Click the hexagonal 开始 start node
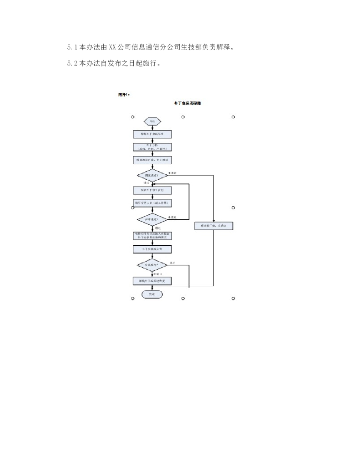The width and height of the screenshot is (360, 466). click(x=152, y=121)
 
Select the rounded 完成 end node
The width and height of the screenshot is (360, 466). click(x=152, y=294)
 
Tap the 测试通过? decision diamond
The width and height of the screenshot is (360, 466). click(x=152, y=175)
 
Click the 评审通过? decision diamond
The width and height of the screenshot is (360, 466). click(x=152, y=219)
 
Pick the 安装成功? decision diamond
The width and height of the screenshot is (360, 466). click(x=152, y=264)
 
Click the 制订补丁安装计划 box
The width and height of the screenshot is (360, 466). click(x=152, y=189)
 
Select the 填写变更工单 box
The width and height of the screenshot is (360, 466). click(x=152, y=203)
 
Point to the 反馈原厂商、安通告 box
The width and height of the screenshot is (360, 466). click(x=214, y=225)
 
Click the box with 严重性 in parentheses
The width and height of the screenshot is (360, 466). click(x=152, y=147)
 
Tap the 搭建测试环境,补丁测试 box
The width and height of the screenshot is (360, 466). click(x=152, y=160)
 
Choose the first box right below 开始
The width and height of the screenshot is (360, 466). click(x=152, y=134)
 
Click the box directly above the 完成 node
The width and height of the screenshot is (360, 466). click(x=152, y=281)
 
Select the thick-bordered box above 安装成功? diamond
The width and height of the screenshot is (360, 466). click(x=152, y=249)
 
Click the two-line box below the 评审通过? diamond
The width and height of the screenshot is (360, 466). click(x=152, y=235)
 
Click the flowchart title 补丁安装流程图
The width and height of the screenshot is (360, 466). click(x=188, y=104)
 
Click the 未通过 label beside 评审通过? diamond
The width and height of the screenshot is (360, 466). click(x=172, y=217)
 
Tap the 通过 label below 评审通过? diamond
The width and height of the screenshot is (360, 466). click(x=157, y=228)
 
